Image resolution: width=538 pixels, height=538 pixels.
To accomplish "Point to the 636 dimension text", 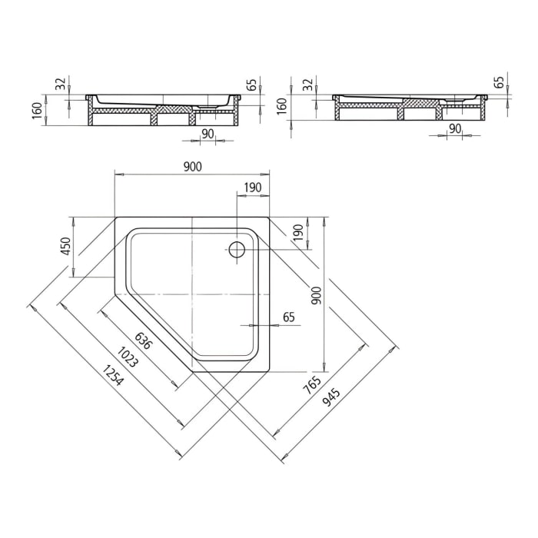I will coord(144,340).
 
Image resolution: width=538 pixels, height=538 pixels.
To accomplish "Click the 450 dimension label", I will coord(66,246).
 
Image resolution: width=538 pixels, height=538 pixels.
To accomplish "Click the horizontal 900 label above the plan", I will coord(192,167).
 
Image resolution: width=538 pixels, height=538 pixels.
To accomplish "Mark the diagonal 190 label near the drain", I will coord(297,234).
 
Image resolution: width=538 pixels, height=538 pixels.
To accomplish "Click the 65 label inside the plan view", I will coord(289,316).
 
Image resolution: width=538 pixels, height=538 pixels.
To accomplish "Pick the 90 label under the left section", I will coord(207,133).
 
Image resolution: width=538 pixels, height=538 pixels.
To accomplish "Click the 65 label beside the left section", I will coord(251,85).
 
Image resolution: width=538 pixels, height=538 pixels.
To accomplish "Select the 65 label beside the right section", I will coord(499,81).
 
